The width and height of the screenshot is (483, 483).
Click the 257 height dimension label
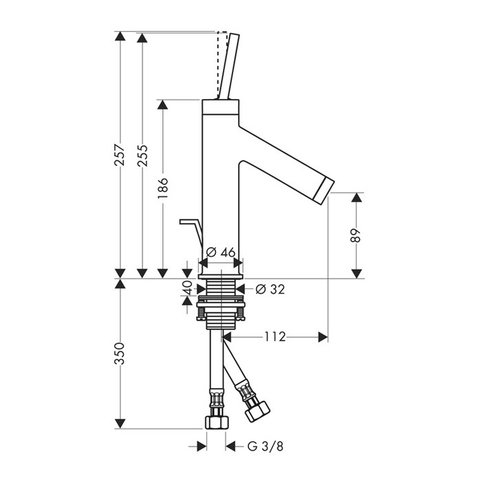click(120, 155)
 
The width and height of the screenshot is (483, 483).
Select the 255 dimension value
click(142, 155)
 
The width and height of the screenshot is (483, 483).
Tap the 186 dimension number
click(162, 188)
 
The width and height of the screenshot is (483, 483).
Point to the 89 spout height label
click(356, 235)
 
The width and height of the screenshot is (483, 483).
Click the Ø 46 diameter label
click(221, 253)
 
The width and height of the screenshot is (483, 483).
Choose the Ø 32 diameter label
click(270, 289)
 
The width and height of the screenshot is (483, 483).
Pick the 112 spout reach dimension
click(275, 336)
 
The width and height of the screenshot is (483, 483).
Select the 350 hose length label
click(120, 354)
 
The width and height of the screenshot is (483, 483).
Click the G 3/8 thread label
click(265, 446)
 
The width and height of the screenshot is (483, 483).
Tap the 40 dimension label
click(187, 288)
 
